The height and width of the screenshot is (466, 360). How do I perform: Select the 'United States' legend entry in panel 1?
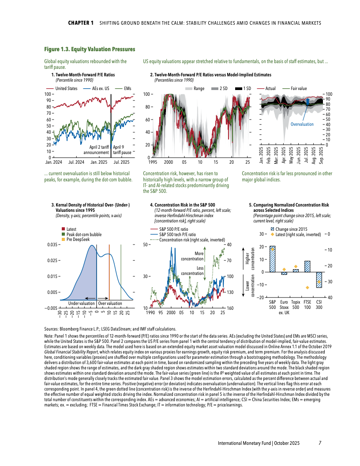[x=66, y=88]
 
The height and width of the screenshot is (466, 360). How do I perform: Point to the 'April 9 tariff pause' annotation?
[x=122, y=150]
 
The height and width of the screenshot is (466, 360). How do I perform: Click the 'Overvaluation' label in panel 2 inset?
[x=302, y=124]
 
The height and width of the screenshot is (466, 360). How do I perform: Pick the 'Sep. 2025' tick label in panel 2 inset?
[x=322, y=156]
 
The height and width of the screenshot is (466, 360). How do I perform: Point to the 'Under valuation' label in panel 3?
[x=81, y=304]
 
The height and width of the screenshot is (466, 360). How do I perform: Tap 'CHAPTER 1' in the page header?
[x=81, y=23]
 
